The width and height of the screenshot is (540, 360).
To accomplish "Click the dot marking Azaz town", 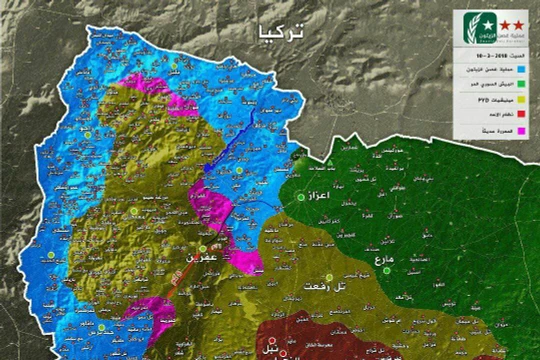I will [x=300, y=198].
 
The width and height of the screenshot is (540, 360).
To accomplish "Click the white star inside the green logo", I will [x=468, y=23].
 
